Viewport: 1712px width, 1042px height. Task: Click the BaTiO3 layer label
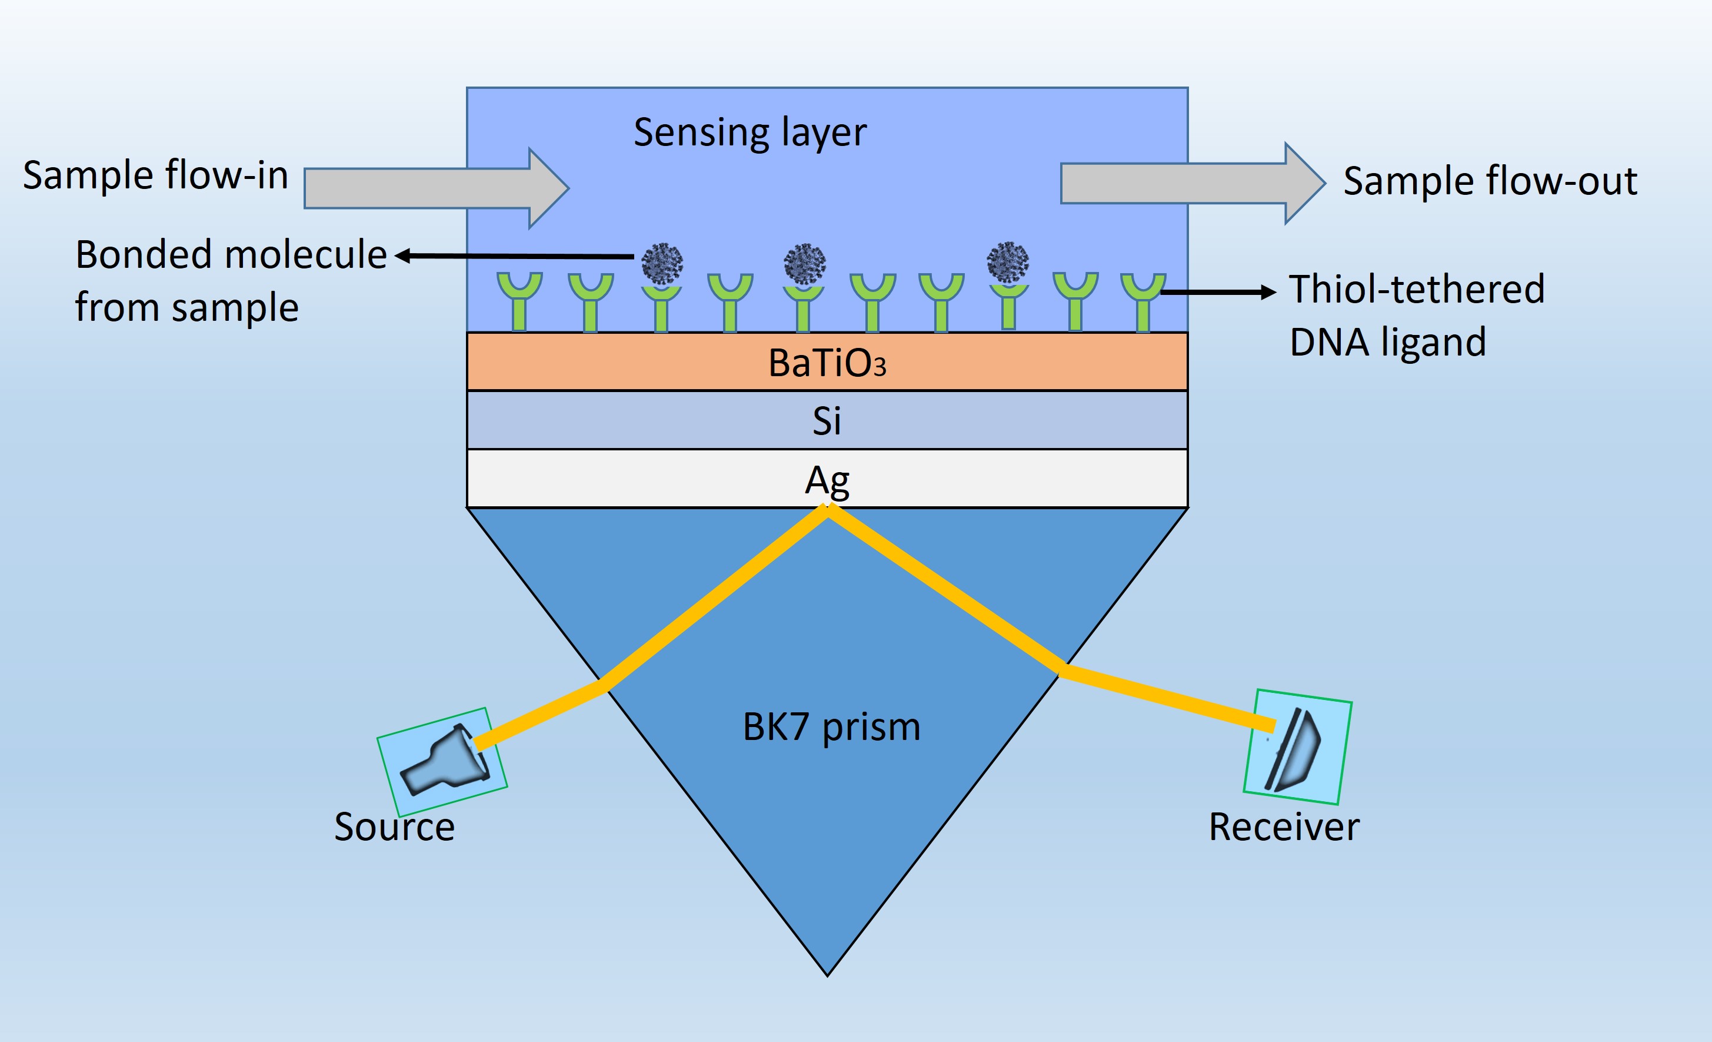point(827,363)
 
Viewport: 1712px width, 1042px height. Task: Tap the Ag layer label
point(827,480)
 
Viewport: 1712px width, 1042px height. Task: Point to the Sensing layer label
point(750,132)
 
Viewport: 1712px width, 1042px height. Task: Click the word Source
point(395,827)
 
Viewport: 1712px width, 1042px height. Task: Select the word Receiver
point(1284,827)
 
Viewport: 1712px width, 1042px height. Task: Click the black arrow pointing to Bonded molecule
point(514,257)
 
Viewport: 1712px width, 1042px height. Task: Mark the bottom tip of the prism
point(828,974)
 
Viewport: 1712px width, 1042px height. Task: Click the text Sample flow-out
point(1490,181)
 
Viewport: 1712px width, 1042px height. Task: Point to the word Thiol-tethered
point(1417,289)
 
